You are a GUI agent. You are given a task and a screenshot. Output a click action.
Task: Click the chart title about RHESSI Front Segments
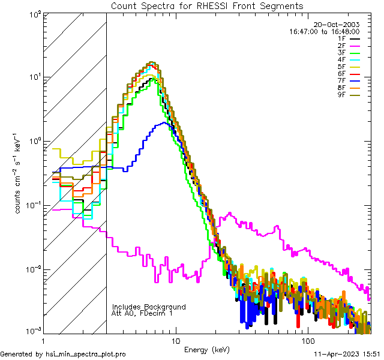207,5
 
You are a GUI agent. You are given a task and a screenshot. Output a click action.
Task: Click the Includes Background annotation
149,307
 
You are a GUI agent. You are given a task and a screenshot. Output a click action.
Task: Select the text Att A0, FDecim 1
142,313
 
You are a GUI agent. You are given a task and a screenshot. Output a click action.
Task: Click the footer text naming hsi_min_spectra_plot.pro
63,355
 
